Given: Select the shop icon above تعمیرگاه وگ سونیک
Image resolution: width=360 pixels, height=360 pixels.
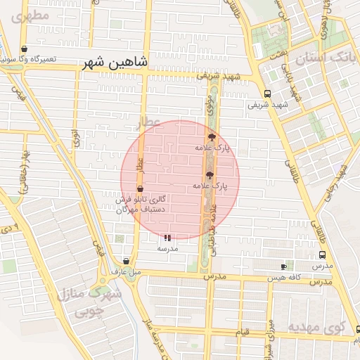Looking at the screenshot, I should tap(25, 49).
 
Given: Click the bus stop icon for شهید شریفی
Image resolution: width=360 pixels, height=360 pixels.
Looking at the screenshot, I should tap(266, 94).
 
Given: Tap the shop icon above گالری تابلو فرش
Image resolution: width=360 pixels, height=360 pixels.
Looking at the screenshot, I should tap(140, 188).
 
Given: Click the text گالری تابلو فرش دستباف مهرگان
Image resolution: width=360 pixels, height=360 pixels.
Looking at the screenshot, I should tap(140, 205).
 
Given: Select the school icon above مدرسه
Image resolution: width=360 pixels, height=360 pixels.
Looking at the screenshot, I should tap(167, 238).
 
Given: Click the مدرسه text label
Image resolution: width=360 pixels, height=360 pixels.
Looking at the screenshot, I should tap(167, 248).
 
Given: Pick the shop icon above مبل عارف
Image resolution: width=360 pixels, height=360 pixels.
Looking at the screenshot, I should tap(126, 261).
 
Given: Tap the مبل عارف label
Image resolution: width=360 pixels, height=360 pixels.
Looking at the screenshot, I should tap(126, 271).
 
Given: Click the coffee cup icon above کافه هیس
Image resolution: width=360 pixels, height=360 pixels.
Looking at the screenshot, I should tap(284, 266).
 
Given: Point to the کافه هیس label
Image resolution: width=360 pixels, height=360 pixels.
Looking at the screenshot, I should tap(284, 278).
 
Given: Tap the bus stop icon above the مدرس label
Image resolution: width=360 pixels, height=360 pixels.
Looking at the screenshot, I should tap(322, 255).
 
